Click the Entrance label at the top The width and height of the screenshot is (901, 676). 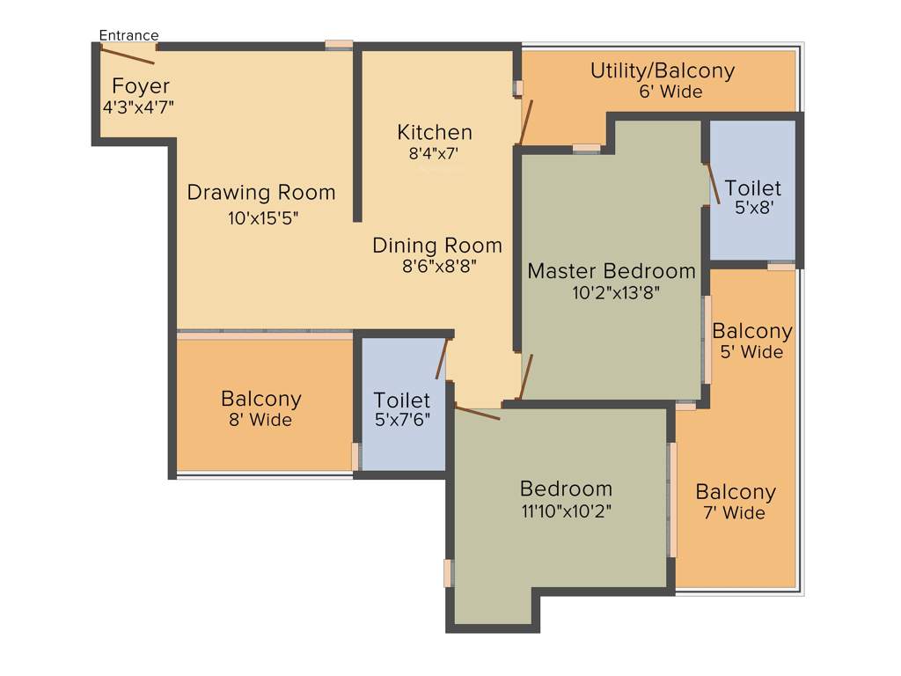click(128, 35)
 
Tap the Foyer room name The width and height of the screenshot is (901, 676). click(141, 86)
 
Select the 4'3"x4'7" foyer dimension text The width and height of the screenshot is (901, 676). click(139, 107)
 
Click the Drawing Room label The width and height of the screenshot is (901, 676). click(261, 192)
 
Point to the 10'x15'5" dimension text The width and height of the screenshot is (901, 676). click(264, 218)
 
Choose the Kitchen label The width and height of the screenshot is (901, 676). click(435, 132)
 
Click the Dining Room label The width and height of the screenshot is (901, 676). click(437, 245)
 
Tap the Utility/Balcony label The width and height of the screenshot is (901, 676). click(662, 70)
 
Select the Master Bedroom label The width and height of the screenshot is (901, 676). click(612, 270)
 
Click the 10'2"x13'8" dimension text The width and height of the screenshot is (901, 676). click(612, 292)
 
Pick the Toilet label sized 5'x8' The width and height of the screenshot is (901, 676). click(752, 188)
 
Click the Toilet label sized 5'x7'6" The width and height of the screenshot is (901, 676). click(402, 400)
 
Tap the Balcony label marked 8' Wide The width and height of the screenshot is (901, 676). click(261, 399)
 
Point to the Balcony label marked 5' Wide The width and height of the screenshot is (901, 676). click(752, 331)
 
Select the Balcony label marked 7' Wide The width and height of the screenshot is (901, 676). click(736, 492)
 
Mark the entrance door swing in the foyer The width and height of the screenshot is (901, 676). click(128, 55)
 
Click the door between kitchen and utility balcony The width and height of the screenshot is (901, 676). click(525, 122)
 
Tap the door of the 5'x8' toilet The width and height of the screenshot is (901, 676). click(714, 182)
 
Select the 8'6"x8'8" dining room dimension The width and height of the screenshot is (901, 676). click(437, 266)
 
